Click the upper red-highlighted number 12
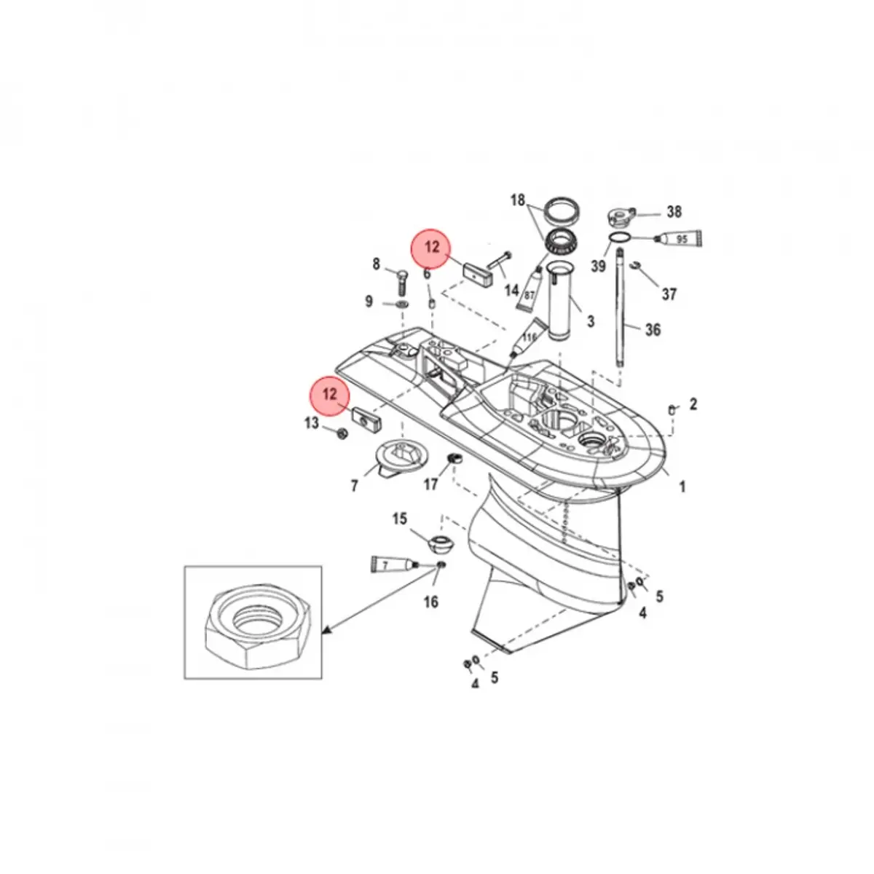pos(432,247)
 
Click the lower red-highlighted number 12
pos(330,394)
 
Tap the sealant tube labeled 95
pos(678,239)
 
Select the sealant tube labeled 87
pos(530,288)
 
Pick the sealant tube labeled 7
pos(395,564)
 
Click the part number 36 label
pos(653,330)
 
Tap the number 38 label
pos(674,212)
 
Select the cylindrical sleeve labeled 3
pos(561,301)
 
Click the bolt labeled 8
pos(402,282)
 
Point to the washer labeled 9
pos(401,304)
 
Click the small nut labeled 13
pos(342,433)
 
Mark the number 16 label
pos(431,602)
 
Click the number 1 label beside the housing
pos(682,487)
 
